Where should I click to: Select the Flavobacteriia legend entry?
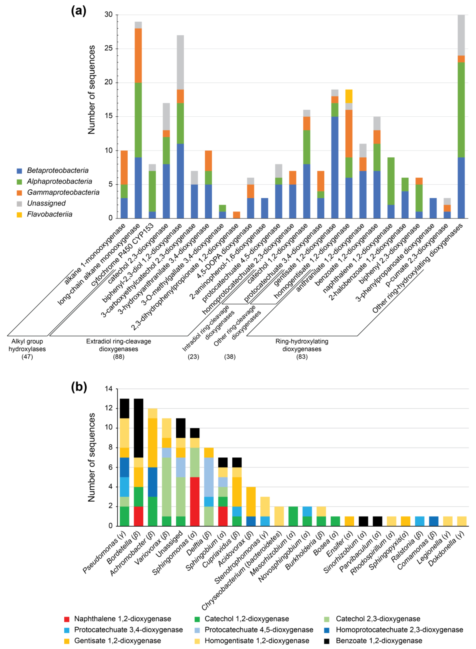(49, 214)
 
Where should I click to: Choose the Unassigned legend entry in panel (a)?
(46, 203)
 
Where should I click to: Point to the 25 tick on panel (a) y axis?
(109, 48)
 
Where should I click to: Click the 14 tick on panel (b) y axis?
(109, 389)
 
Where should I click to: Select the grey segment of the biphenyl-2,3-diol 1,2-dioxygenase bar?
(180, 62)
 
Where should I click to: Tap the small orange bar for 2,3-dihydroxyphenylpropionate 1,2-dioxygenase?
(236, 215)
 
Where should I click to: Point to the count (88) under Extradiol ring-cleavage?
(118, 357)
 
